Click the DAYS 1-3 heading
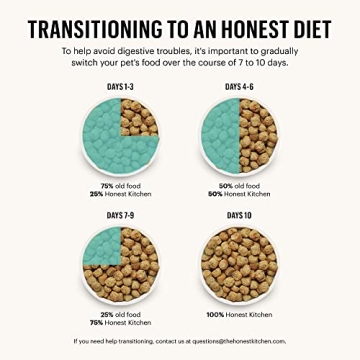(x=122, y=87)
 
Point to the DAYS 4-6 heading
(x=238, y=87)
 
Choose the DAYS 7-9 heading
(x=122, y=214)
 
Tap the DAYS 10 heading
(x=238, y=214)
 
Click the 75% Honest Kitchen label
(x=122, y=320)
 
